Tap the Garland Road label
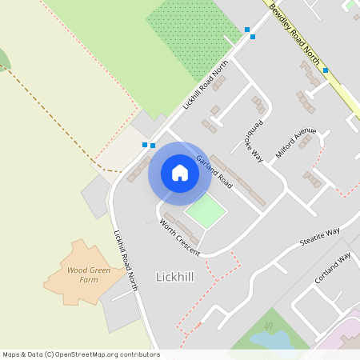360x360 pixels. tap(214, 171)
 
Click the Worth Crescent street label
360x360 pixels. tap(179, 234)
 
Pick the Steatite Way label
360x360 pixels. tap(319, 237)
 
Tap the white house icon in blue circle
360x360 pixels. tap(180, 173)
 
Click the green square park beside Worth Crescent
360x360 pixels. tap(206, 212)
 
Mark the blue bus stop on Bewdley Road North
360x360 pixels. tap(326, 70)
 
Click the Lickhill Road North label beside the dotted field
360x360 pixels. tap(206, 84)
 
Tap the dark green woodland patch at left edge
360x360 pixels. tap(3, 60)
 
